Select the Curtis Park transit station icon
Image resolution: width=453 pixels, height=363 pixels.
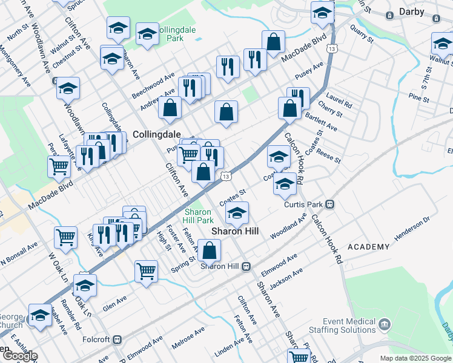pyautogui.click(x=330, y=204)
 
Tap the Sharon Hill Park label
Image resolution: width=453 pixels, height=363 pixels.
pyautogui.click(x=198, y=216)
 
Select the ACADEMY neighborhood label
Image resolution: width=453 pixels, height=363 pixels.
pyautogui.click(x=369, y=247)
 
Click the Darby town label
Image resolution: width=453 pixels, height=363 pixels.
pyautogui.click(x=415, y=11)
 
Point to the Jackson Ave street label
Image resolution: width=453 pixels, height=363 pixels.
pyautogui.click(x=289, y=275)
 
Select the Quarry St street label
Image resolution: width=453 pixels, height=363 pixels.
pyautogui.click(x=363, y=34)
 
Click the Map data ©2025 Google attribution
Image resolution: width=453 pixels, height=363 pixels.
pyautogui.click(x=415, y=358)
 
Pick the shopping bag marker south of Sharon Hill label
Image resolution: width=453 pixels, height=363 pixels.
pyautogui.click(x=210, y=250)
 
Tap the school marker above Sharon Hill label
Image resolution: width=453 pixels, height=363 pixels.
pyautogui.click(x=237, y=212)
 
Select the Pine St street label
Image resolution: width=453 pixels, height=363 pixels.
pyautogui.click(x=418, y=97)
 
